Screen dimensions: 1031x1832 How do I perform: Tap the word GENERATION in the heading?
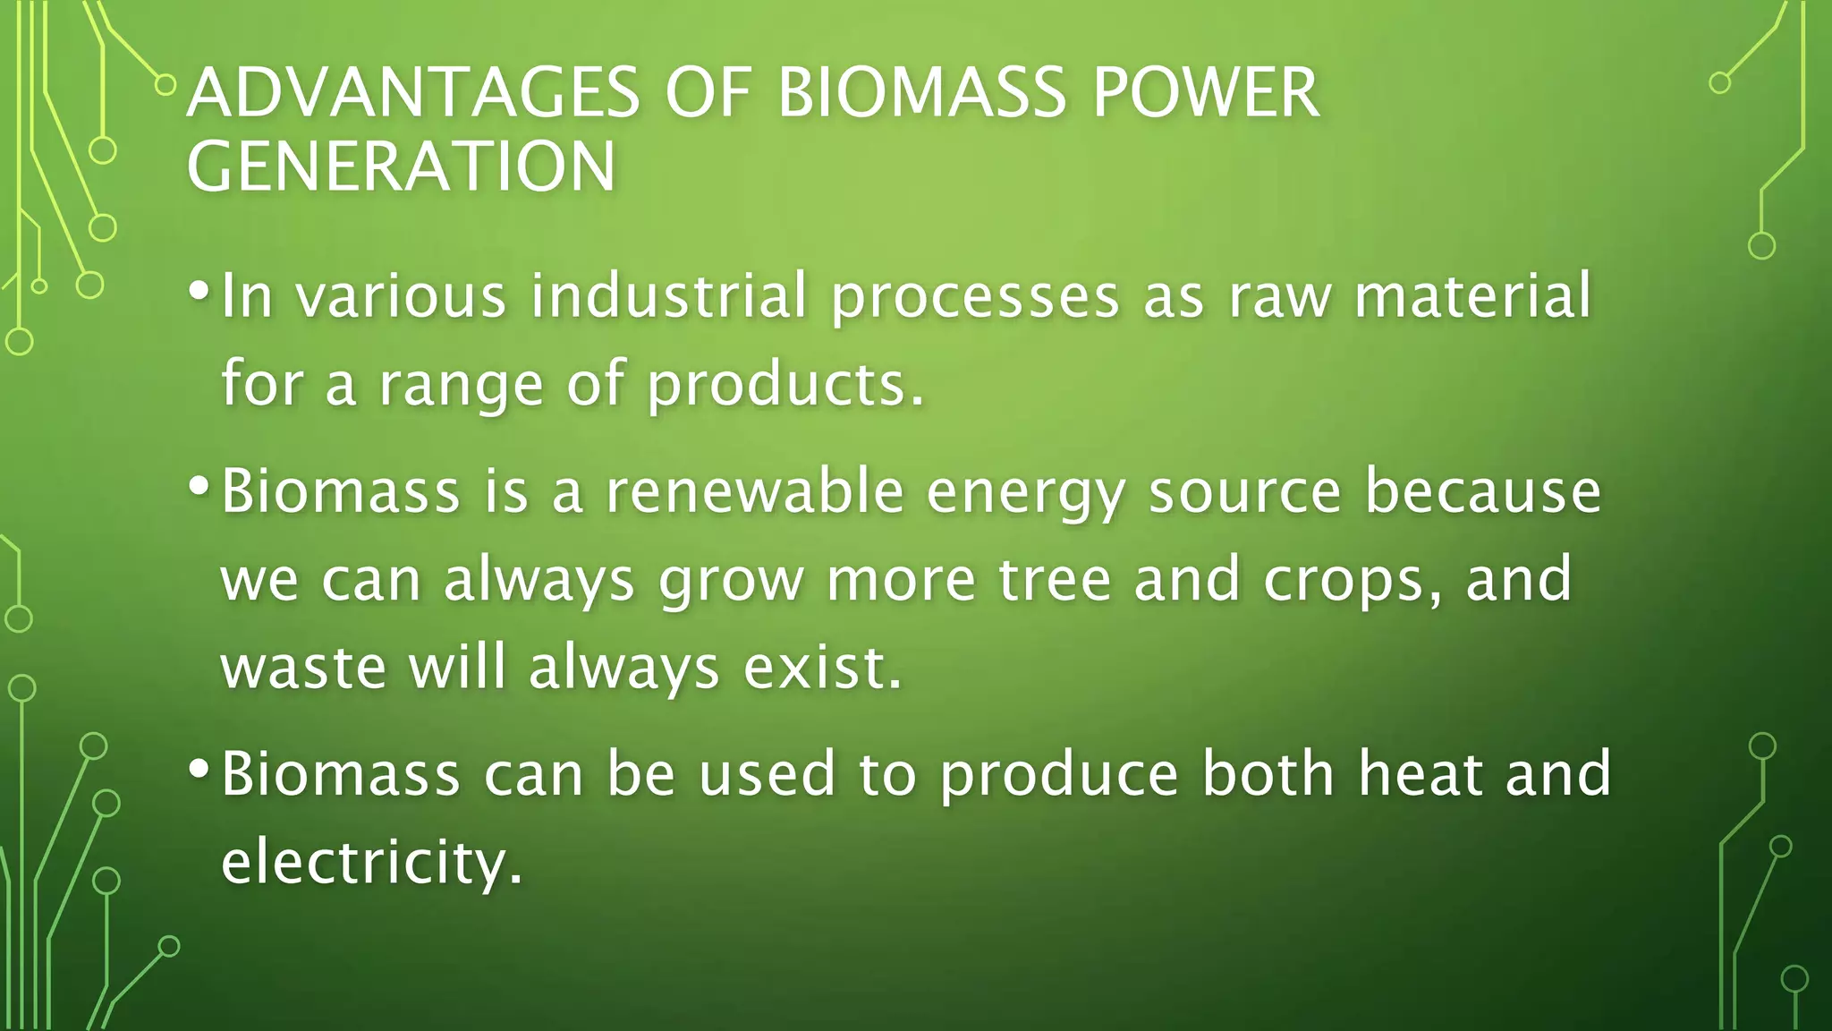pyautogui.click(x=401, y=166)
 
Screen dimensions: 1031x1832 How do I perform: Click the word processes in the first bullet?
pyautogui.click(x=975, y=297)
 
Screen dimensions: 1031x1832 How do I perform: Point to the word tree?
pyautogui.click(x=1055, y=579)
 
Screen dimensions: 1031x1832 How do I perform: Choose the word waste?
pyautogui.click(x=303, y=668)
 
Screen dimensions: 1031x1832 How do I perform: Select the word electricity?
pyautogui.click(x=370, y=862)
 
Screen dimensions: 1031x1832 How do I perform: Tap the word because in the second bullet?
pyautogui.click(x=1482, y=491)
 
